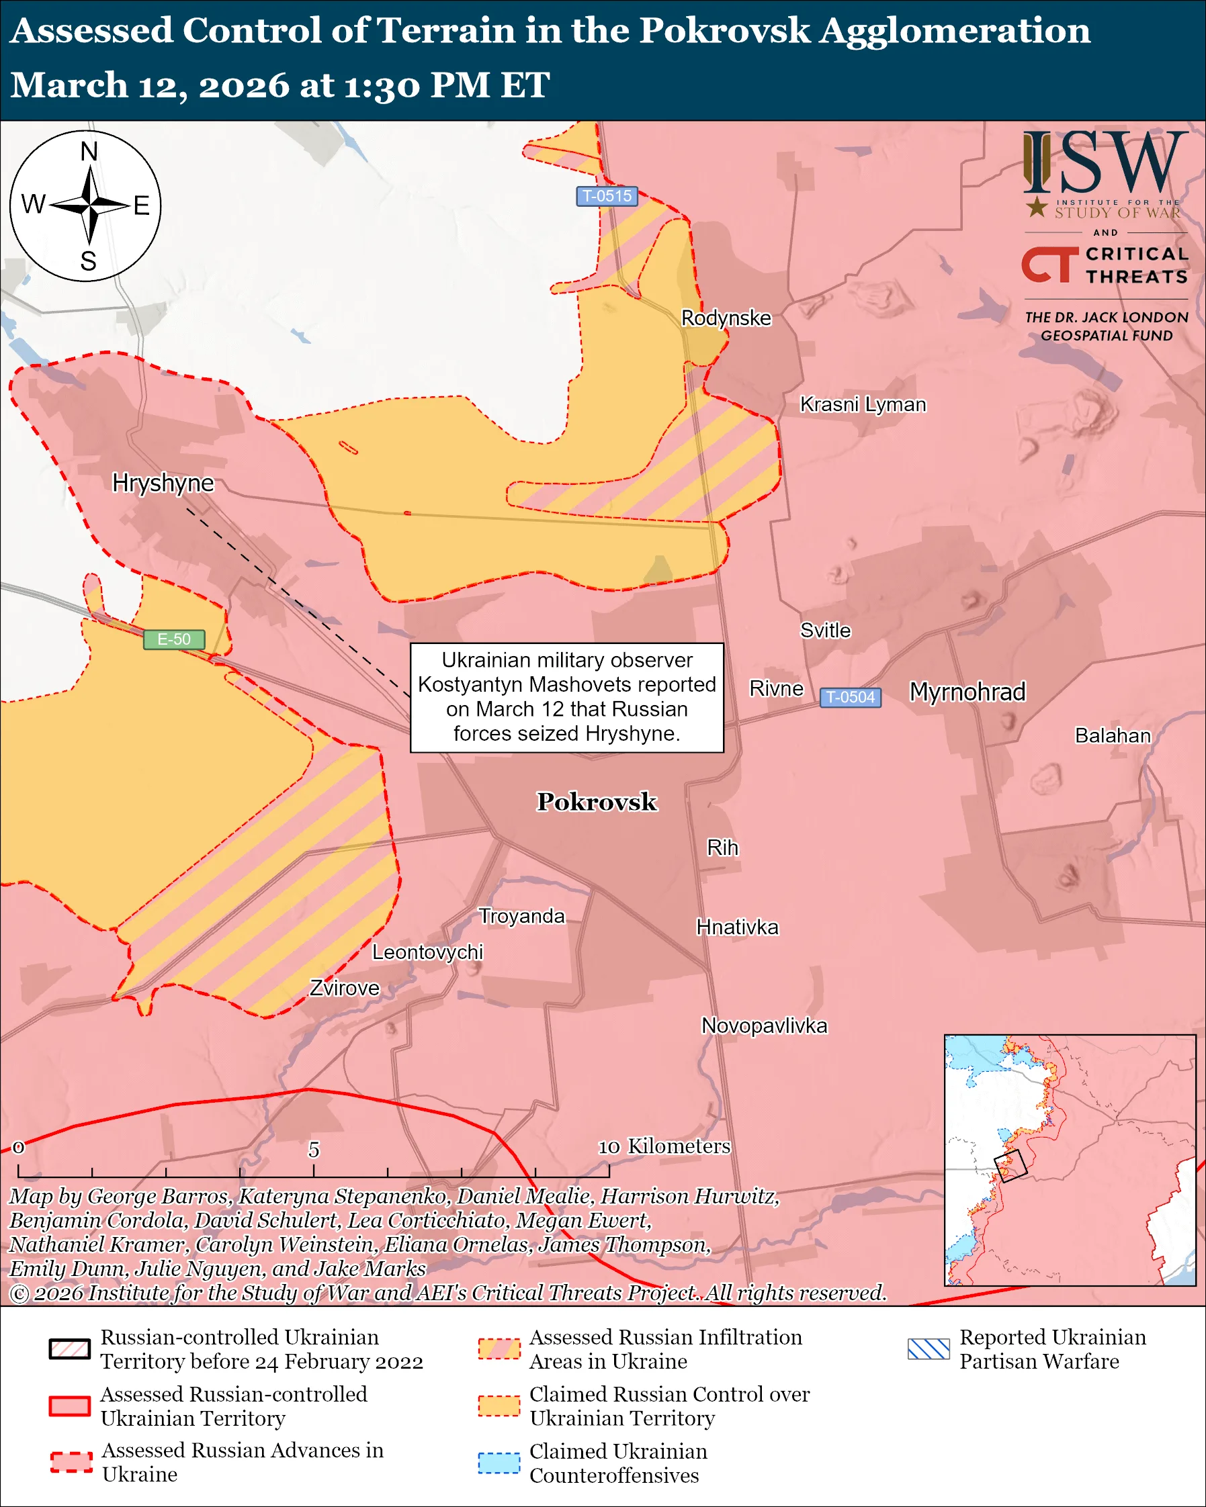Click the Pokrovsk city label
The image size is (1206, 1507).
tap(597, 802)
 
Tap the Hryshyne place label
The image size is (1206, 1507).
tap(163, 483)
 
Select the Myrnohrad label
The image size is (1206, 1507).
tap(967, 692)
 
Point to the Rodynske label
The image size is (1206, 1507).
tap(726, 318)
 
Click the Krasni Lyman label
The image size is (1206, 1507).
tap(863, 405)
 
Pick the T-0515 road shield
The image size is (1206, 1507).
tap(607, 195)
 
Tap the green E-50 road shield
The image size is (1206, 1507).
tap(174, 639)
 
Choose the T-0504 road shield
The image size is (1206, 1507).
tap(850, 697)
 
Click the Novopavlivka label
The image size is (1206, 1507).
tap(764, 1026)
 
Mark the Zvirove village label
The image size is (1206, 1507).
tap(345, 989)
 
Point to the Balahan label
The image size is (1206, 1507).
tap(1113, 735)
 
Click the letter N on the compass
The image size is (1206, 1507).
tap(89, 151)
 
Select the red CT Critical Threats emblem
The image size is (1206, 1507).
tap(1049, 265)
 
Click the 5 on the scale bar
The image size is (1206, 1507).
tap(314, 1149)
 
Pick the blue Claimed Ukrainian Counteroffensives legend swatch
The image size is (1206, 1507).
tap(499, 1463)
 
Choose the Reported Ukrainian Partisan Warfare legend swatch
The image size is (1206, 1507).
tap(929, 1349)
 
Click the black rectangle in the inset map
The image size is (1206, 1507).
tap(1010, 1166)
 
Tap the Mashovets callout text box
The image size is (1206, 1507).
tap(566, 697)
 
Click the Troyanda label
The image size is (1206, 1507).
tap(521, 917)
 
